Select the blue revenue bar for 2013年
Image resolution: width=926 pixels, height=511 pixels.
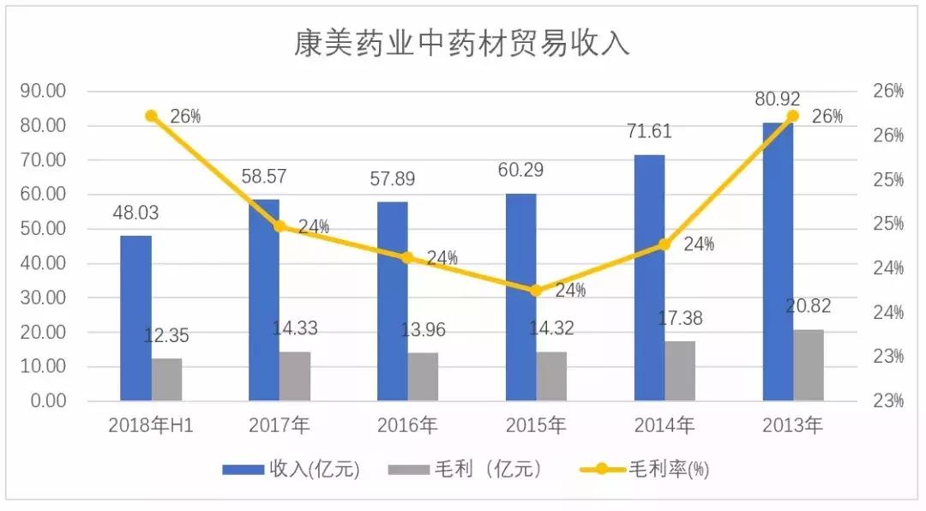[778, 262]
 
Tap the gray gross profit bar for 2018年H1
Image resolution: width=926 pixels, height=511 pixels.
[167, 379]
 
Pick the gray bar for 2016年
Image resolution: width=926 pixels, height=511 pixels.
[423, 376]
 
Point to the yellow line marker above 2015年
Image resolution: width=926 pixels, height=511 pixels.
[536, 290]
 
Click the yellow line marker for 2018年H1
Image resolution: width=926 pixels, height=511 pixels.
[151, 116]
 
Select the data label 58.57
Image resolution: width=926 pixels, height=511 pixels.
[264, 177]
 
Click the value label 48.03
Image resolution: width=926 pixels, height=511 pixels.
[135, 213]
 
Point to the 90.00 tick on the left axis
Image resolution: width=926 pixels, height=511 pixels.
[43, 91]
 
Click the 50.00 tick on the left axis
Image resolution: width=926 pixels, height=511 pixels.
[43, 229]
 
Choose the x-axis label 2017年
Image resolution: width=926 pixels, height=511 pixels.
[279, 425]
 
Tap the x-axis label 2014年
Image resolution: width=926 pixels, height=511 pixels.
[664, 425]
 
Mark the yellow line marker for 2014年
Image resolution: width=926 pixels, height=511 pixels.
[664, 244]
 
